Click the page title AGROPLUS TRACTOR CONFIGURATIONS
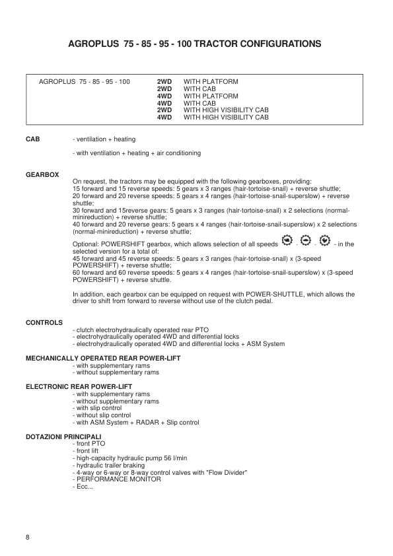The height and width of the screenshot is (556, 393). (x=196, y=44)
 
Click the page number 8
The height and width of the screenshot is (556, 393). (x=28, y=536)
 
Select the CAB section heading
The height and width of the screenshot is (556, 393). (x=32, y=139)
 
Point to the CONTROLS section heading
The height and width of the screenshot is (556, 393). (x=44, y=323)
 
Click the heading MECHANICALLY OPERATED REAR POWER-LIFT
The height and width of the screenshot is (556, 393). (x=102, y=358)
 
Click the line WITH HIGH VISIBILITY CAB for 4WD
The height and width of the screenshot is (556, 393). (x=226, y=117)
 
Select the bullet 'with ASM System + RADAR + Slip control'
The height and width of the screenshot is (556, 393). (x=136, y=423)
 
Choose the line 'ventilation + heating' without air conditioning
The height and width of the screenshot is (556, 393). (x=104, y=139)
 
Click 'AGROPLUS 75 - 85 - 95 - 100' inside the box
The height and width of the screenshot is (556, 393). (x=85, y=81)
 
